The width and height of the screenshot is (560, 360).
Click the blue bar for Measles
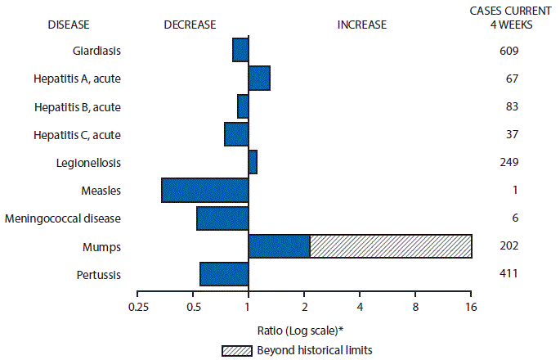[x=205, y=190]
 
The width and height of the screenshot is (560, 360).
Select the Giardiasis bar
[x=240, y=50]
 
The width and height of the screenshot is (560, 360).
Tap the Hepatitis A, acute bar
[x=259, y=79]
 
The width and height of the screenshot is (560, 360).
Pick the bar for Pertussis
[x=224, y=274]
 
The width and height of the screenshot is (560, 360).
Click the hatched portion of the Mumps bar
[x=391, y=246]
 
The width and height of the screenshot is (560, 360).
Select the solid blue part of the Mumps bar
[x=279, y=246]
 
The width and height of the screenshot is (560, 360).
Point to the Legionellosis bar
[x=253, y=162]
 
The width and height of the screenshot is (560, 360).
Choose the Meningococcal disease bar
[x=222, y=218]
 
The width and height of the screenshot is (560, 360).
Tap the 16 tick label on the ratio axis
[x=471, y=308]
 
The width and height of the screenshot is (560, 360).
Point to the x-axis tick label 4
[x=360, y=308]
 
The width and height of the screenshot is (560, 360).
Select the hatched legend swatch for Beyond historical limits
[x=243, y=350]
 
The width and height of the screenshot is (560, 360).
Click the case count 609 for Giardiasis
[x=508, y=51]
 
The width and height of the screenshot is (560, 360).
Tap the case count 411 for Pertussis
[x=508, y=273]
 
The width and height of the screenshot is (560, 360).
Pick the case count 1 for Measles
[x=508, y=190]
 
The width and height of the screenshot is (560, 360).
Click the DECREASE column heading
[x=190, y=25]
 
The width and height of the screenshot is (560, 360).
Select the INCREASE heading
[x=361, y=25]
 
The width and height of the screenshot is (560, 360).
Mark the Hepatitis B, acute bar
[x=243, y=106]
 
